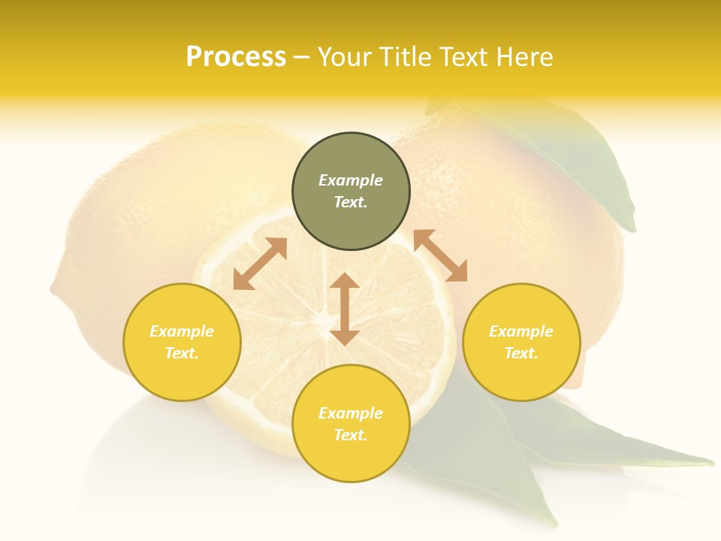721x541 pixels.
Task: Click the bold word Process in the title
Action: click(236, 57)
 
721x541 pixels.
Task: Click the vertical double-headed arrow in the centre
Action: click(345, 309)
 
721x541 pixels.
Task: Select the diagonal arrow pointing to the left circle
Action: click(260, 264)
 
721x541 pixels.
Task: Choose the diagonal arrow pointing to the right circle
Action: click(440, 255)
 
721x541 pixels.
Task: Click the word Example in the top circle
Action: click(351, 180)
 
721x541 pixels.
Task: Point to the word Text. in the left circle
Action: click(182, 353)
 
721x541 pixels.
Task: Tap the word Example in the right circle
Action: click(521, 331)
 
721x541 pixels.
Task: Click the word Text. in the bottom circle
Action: click(351, 435)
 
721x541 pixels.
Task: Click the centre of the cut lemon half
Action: click(324, 319)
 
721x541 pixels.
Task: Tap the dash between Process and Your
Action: click(302, 58)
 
